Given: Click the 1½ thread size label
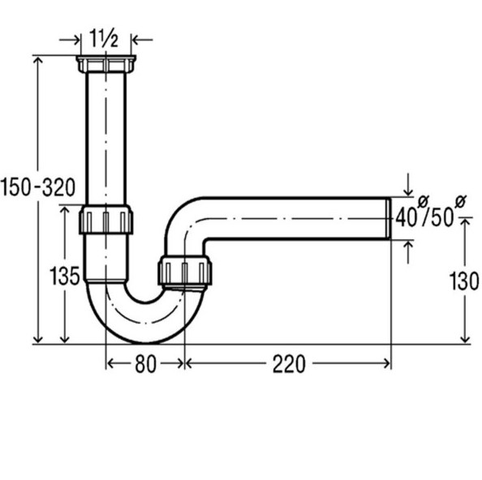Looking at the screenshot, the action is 104,38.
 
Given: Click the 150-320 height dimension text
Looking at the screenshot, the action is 38,187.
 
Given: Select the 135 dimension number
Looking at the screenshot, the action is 65,276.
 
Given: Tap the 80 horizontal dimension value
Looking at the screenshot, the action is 145,364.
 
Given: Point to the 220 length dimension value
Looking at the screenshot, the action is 289,364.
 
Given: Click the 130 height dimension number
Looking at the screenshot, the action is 464,281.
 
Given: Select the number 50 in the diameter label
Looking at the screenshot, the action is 442,217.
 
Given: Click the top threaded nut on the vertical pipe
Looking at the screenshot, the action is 106,64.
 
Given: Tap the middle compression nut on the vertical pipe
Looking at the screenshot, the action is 105,219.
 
